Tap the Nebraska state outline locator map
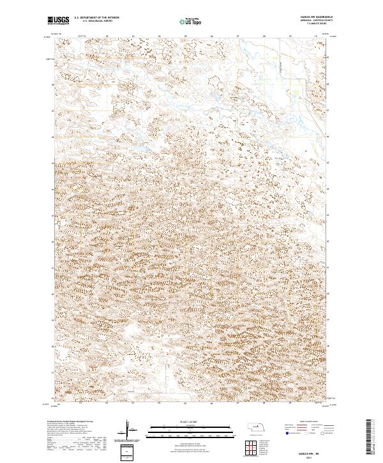point(257,426)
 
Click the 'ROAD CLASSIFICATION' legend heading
point(306,421)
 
